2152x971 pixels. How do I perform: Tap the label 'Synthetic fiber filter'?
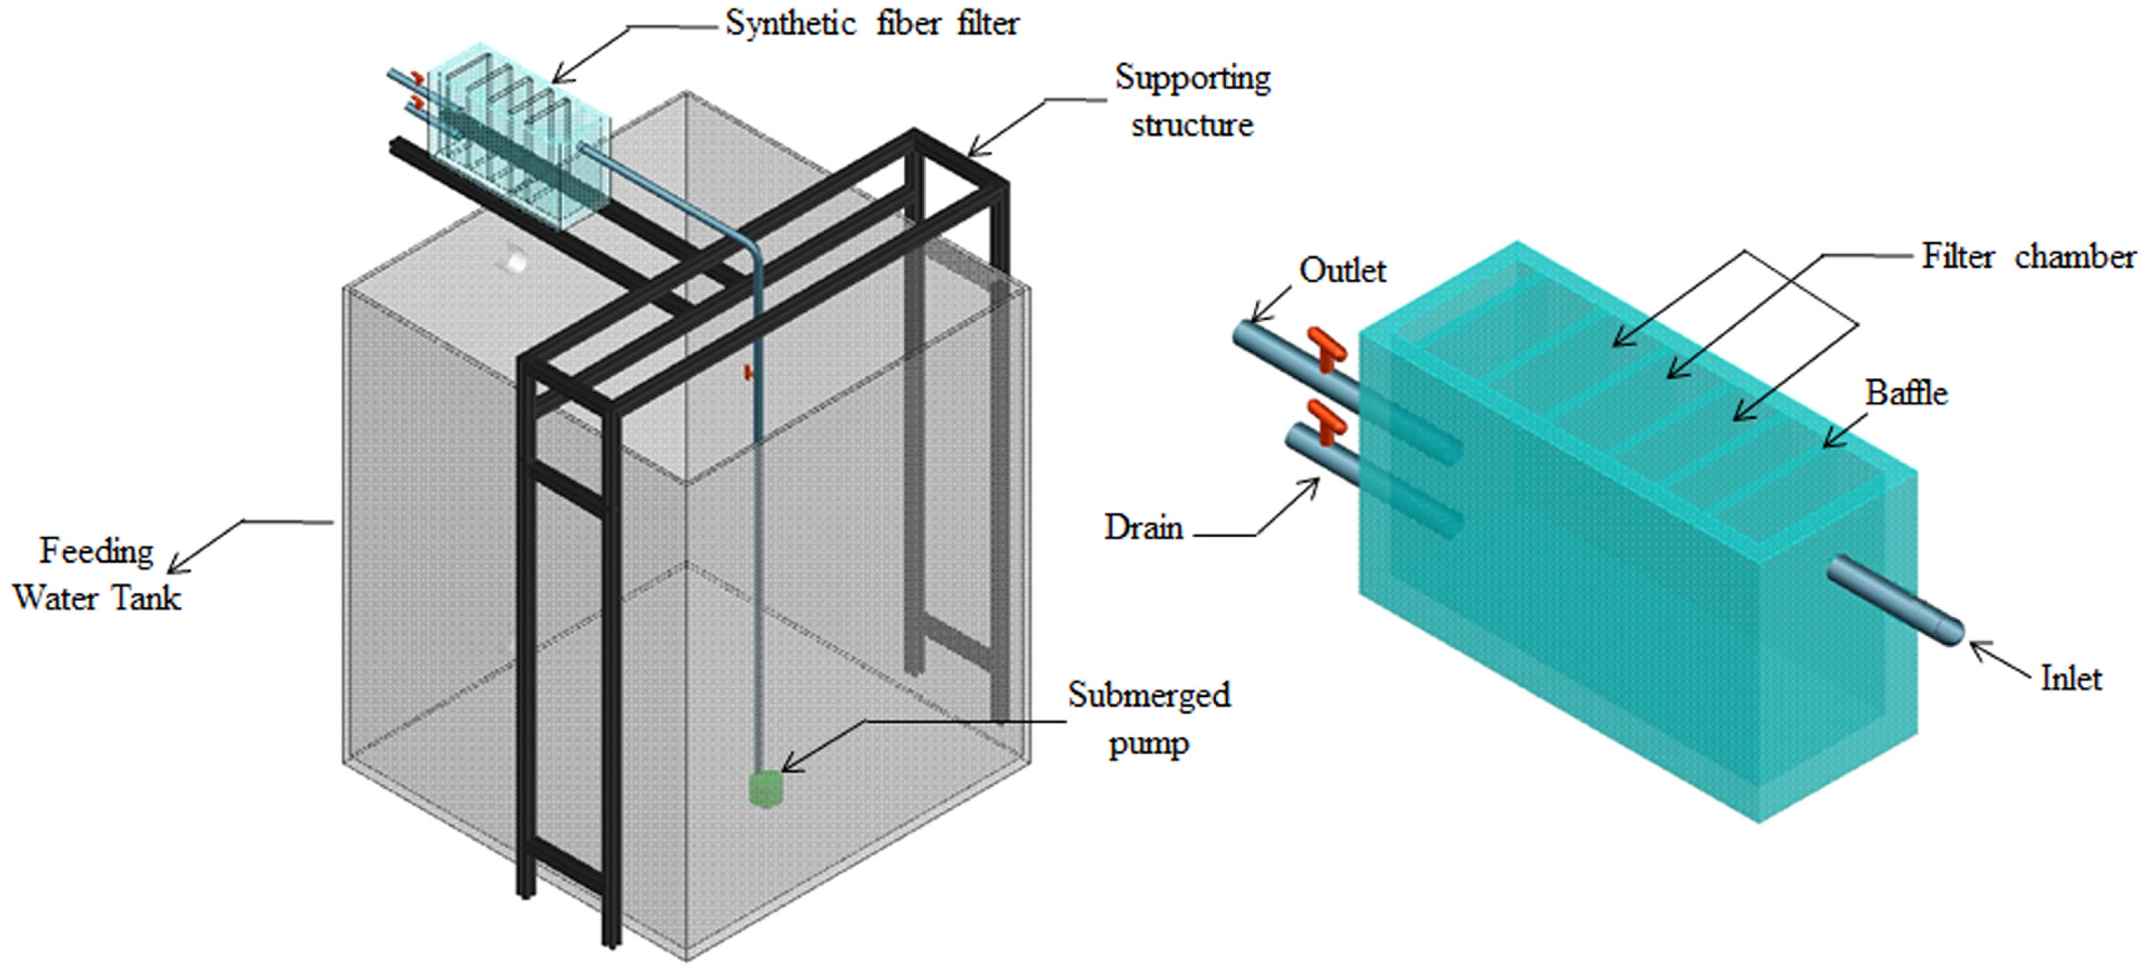point(871,23)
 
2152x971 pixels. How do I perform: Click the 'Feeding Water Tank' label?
point(97,574)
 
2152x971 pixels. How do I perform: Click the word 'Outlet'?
point(1342,270)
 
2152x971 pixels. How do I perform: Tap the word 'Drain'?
point(1144,528)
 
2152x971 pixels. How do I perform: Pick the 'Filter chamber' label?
point(2028,256)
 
